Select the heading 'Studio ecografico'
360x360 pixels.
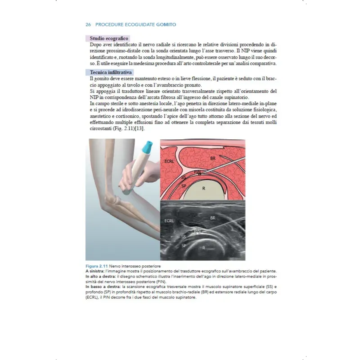pos(109,39)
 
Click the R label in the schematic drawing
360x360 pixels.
pos(203,188)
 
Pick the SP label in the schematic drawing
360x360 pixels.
pos(183,185)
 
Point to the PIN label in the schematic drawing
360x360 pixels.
pos(197,171)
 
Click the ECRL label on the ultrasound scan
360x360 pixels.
pos(169,221)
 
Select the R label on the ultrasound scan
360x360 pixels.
pos(203,247)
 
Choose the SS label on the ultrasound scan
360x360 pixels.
pos(183,236)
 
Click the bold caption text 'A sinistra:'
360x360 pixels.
pos(94,272)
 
